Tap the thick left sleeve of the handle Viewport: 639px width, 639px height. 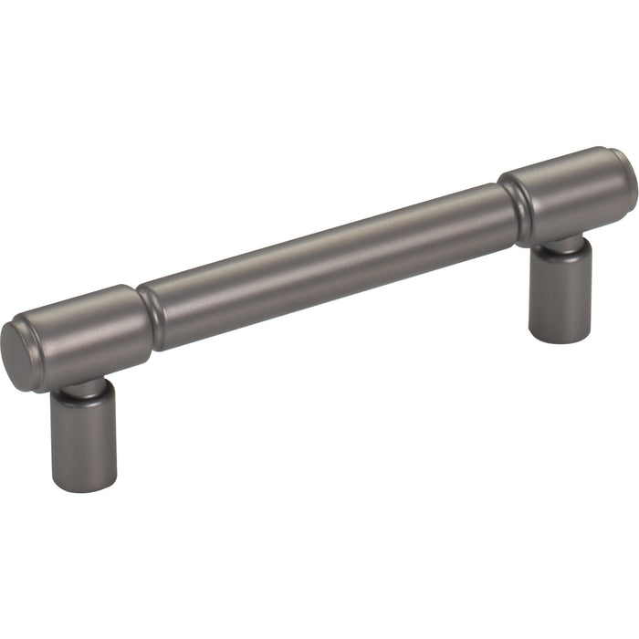point(87,324)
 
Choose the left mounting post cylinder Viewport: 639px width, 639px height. point(82,438)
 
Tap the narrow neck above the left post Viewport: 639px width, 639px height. point(84,388)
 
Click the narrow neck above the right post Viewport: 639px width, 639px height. point(559,245)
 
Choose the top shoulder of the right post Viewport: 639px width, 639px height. point(559,256)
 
